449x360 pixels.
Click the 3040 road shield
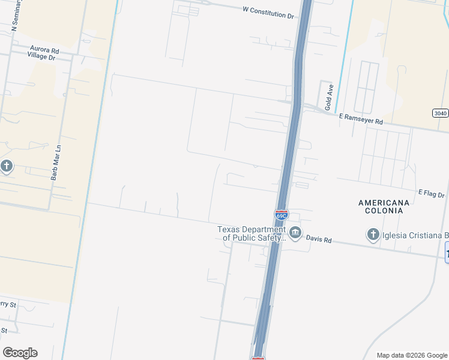coord(440,113)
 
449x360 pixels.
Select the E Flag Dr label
coord(432,194)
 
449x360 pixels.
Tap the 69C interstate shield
coord(281,214)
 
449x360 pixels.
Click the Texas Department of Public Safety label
coord(252,233)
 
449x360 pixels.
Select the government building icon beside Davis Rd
coord(295,233)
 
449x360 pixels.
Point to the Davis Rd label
coord(319,239)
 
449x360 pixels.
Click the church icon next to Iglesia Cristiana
coord(373,235)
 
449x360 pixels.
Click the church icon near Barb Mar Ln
coord(7,166)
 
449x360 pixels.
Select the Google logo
coord(20,353)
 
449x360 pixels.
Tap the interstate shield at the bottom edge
coord(258,358)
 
